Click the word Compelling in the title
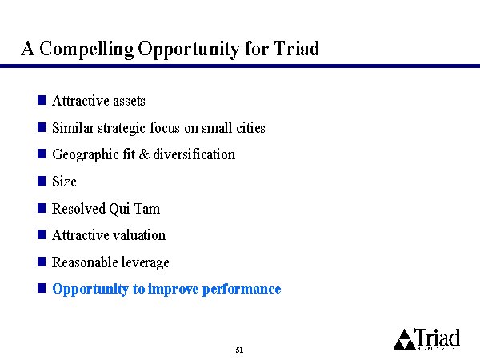click(86, 49)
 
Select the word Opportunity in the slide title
click(188, 49)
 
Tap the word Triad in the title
click(296, 48)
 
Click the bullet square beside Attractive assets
click(42, 100)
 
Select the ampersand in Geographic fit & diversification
click(144, 154)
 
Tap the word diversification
click(194, 154)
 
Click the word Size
click(64, 182)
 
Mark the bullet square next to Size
click(42, 181)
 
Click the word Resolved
click(78, 209)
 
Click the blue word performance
click(242, 290)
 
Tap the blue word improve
click(174, 290)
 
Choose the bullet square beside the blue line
click(42, 288)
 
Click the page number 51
click(239, 350)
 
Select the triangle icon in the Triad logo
click(404, 340)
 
